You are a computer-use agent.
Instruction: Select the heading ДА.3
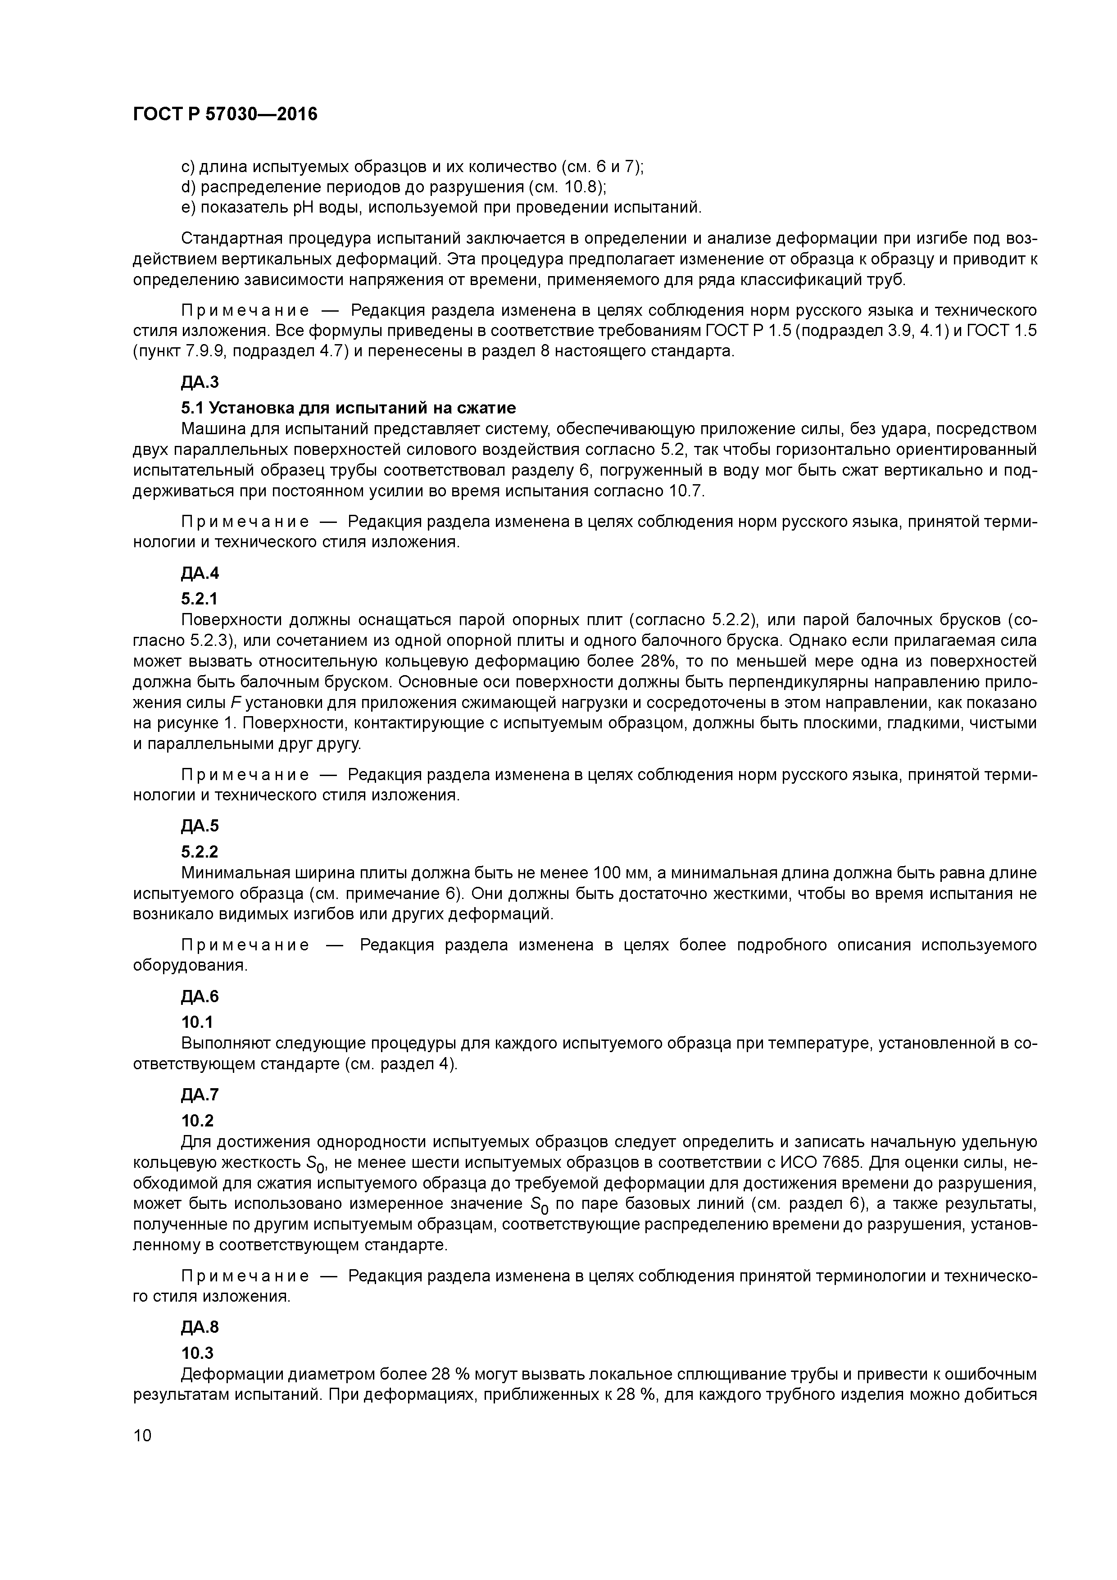200,382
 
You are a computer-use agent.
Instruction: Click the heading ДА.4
200,572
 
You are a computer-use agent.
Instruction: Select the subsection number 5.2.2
200,852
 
